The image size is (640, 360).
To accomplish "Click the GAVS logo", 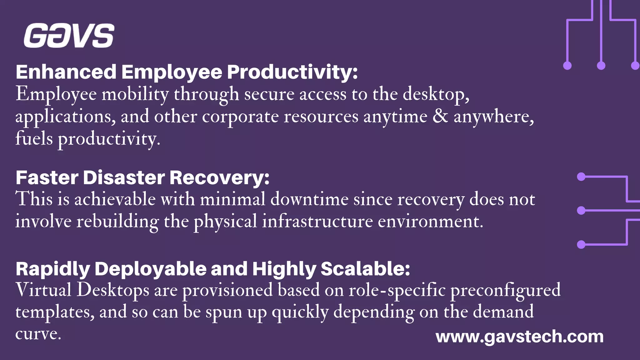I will pyautogui.click(x=69, y=36).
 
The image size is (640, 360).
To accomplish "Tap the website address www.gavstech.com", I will pyautogui.click(x=519, y=337).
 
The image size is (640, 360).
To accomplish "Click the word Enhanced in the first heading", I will pyautogui.click(x=66, y=72).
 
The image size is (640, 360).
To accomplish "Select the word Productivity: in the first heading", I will pyautogui.click(x=292, y=72).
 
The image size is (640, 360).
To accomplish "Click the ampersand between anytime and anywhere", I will pyautogui.click(x=440, y=116).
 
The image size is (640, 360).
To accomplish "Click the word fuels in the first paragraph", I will pyautogui.click(x=34, y=138).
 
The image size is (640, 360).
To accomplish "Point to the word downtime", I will pyautogui.click(x=309, y=199).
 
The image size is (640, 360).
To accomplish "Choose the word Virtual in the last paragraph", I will pyautogui.click(x=43, y=290).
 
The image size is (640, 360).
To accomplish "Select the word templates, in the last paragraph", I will pyautogui.click(x=55, y=312).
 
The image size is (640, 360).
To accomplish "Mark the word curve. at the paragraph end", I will pyautogui.click(x=38, y=334).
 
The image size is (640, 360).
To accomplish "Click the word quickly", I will pyautogui.click(x=300, y=312).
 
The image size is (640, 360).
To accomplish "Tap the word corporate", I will pyautogui.click(x=240, y=117).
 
